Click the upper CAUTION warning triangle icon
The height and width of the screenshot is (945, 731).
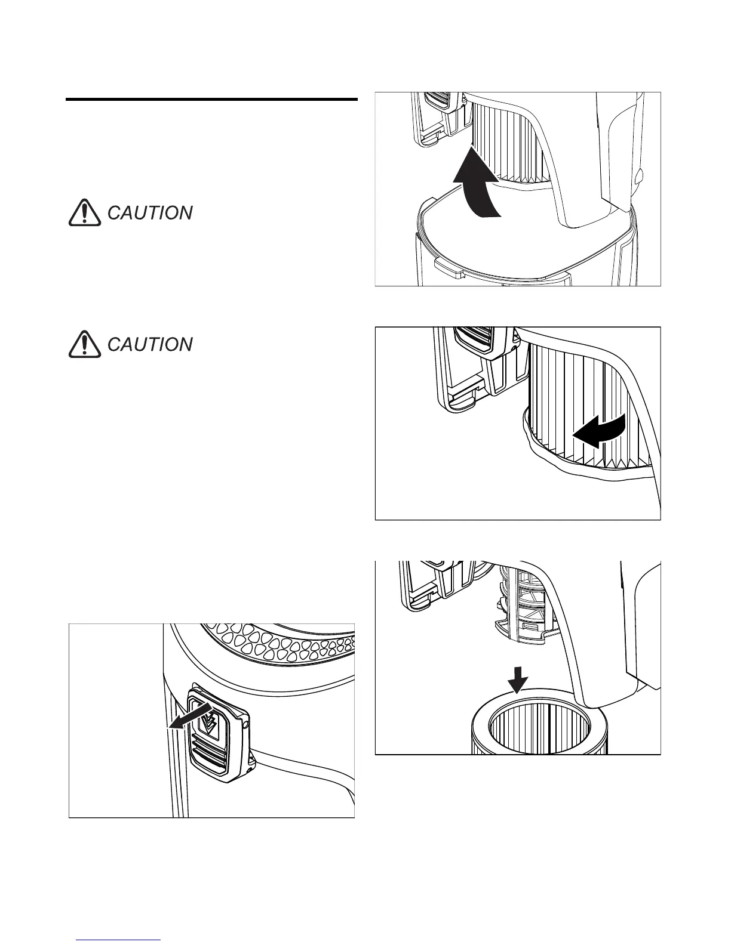click(x=84, y=212)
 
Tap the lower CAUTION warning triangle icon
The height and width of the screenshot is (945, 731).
click(x=84, y=344)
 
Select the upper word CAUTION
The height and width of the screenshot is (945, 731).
click(x=150, y=213)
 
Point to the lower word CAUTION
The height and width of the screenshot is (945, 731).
click(x=150, y=345)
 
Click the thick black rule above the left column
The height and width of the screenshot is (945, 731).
click(x=211, y=100)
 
